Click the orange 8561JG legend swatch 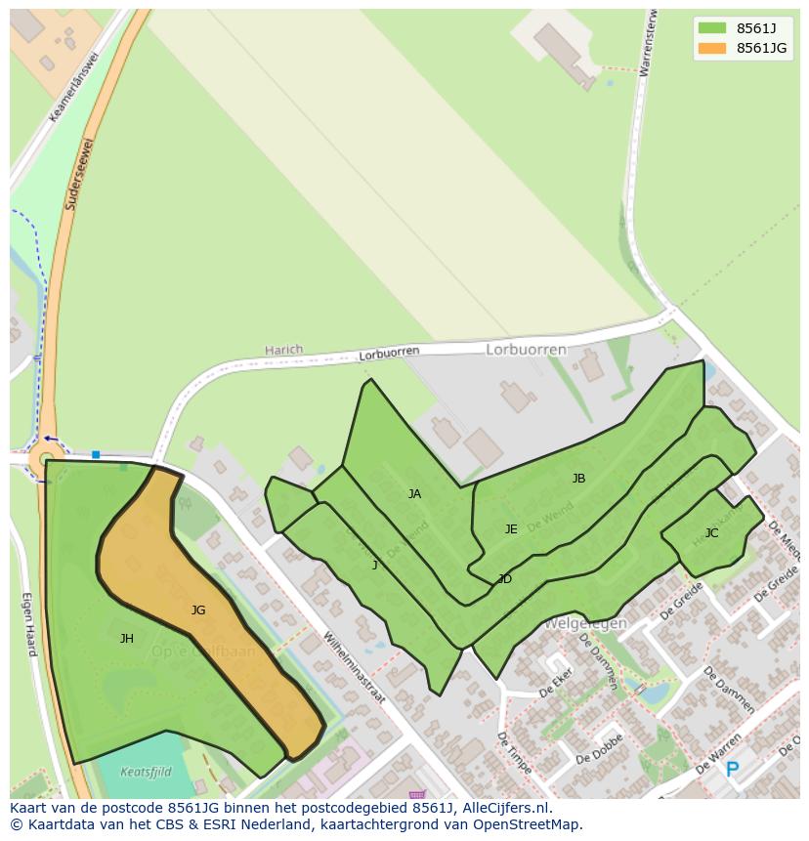click(712, 48)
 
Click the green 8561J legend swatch click(712, 27)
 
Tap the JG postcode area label click(198, 610)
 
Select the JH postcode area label click(127, 639)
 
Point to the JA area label click(414, 494)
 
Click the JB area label click(578, 479)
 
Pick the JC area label click(711, 533)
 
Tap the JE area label click(511, 529)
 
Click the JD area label click(505, 579)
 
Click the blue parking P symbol click(732, 771)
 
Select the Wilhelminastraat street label click(355, 667)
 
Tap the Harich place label click(283, 350)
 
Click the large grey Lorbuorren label click(526, 349)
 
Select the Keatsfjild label click(146, 772)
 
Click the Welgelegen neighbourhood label click(585, 623)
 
